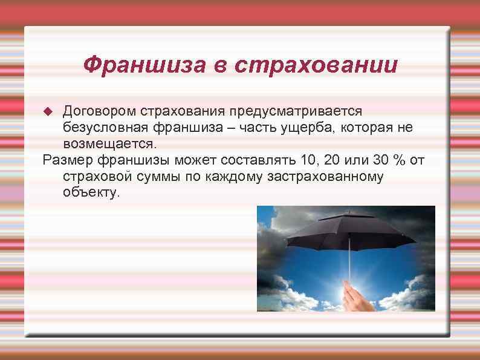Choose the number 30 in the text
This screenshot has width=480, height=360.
tap(384, 160)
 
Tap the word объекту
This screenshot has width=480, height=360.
tap(91, 193)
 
